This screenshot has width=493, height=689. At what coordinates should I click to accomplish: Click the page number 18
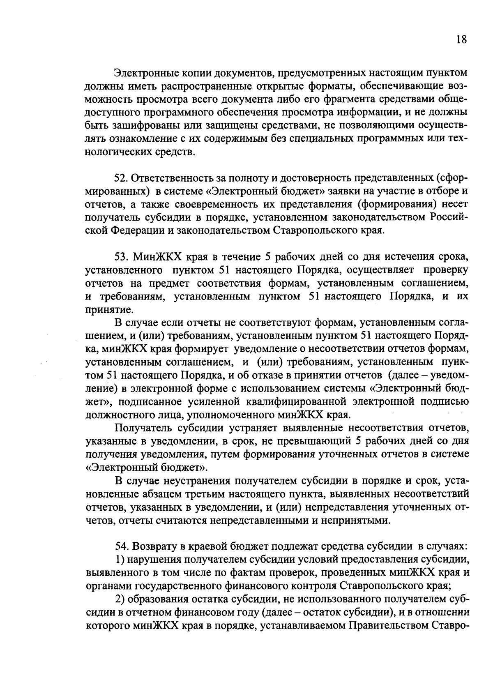coord(461,40)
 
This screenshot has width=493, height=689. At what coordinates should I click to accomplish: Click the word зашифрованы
coord(136,126)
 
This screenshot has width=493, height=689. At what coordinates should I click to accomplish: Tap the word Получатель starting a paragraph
coord(144,428)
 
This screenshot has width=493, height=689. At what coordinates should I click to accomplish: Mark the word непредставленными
coord(259,521)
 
